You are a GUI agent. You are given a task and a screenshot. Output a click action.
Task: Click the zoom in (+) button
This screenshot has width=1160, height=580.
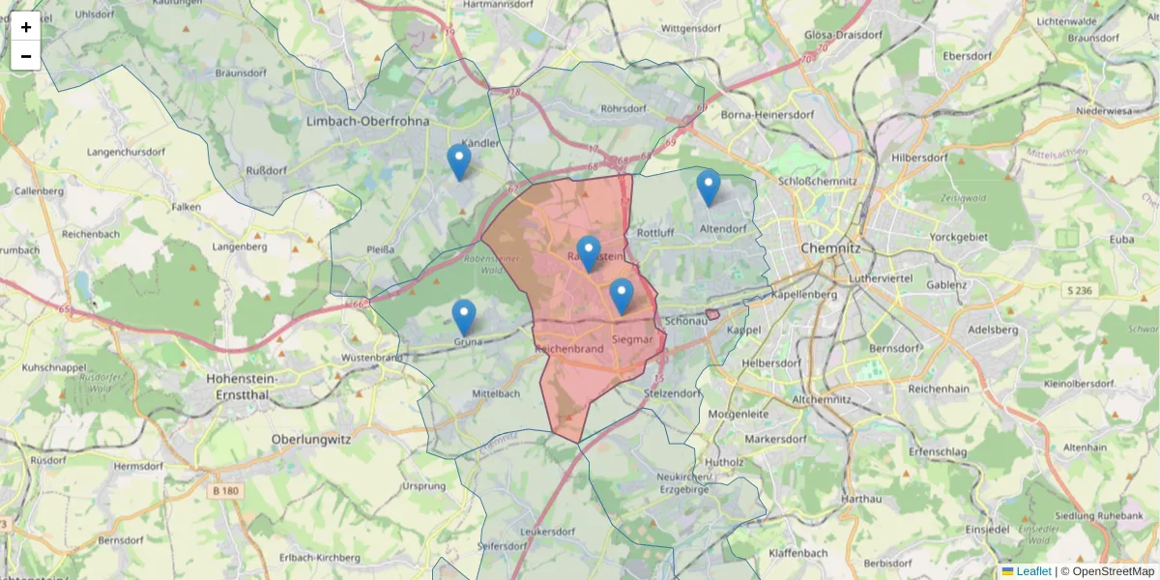tap(26, 27)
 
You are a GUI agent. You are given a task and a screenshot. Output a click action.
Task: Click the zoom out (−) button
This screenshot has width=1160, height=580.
tap(26, 56)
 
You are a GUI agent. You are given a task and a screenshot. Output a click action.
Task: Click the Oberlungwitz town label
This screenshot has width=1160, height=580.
tap(310, 437)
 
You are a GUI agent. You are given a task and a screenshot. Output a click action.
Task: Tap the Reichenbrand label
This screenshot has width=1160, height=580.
tap(569, 348)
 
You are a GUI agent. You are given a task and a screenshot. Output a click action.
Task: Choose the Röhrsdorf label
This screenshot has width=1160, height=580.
tap(623, 109)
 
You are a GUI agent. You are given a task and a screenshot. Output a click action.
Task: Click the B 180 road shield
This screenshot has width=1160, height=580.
tap(225, 491)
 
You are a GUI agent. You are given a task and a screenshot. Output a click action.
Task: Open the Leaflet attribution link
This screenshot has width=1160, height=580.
tap(1032, 571)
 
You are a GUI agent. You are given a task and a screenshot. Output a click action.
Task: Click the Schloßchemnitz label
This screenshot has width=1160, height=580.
tap(818, 181)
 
